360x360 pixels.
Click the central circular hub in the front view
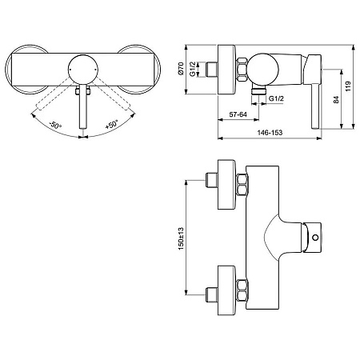[x=82, y=70]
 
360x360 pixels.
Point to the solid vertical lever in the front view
[x=82, y=112]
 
